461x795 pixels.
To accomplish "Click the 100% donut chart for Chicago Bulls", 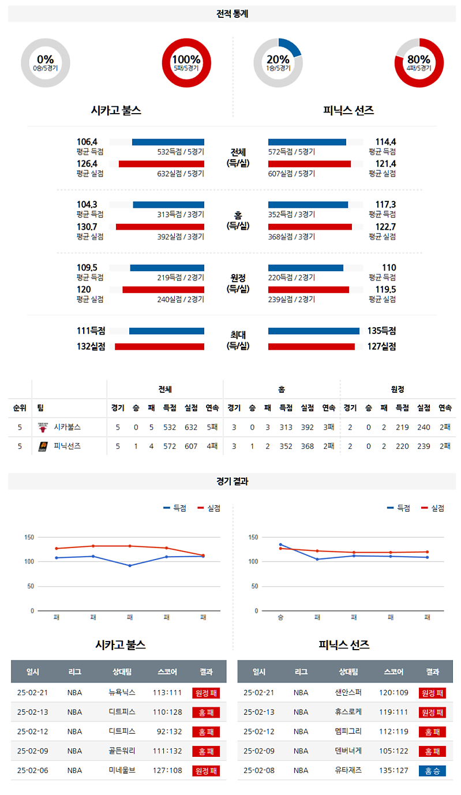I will click(x=186, y=62).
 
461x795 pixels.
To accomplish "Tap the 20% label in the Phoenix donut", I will click(x=278, y=59).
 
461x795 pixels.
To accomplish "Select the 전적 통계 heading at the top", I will click(x=232, y=13).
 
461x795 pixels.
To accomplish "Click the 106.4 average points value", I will click(x=87, y=142).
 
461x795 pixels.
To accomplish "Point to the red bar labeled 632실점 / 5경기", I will click(x=161, y=164).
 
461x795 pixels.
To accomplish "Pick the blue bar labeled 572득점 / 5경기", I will click(x=307, y=142).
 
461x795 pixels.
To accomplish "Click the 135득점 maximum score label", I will click(x=381, y=331).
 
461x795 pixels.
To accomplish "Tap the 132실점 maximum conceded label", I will click(x=91, y=346).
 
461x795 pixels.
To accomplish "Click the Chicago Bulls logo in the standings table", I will click(x=42, y=427).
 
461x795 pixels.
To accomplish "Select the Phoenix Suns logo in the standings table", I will click(x=42, y=446).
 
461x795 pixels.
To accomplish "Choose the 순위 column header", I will click(x=20, y=408).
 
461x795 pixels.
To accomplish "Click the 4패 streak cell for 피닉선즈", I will click(x=212, y=446).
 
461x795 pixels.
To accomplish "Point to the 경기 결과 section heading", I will click(x=232, y=481).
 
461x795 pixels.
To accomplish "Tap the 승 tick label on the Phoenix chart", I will click(x=280, y=617).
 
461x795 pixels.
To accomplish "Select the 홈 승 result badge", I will click(x=432, y=770).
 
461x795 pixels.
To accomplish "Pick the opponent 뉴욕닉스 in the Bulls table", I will click(x=122, y=693).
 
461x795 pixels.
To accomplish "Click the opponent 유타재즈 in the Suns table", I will click(x=348, y=770).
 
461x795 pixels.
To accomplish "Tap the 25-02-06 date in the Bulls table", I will click(x=33, y=770).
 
